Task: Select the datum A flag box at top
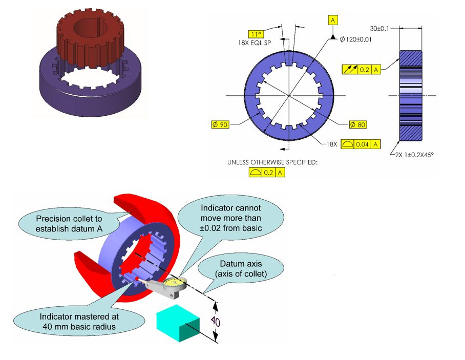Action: (333, 20)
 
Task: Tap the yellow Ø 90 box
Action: (220, 124)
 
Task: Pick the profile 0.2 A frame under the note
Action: (266, 173)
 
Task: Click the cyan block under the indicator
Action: (178, 322)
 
